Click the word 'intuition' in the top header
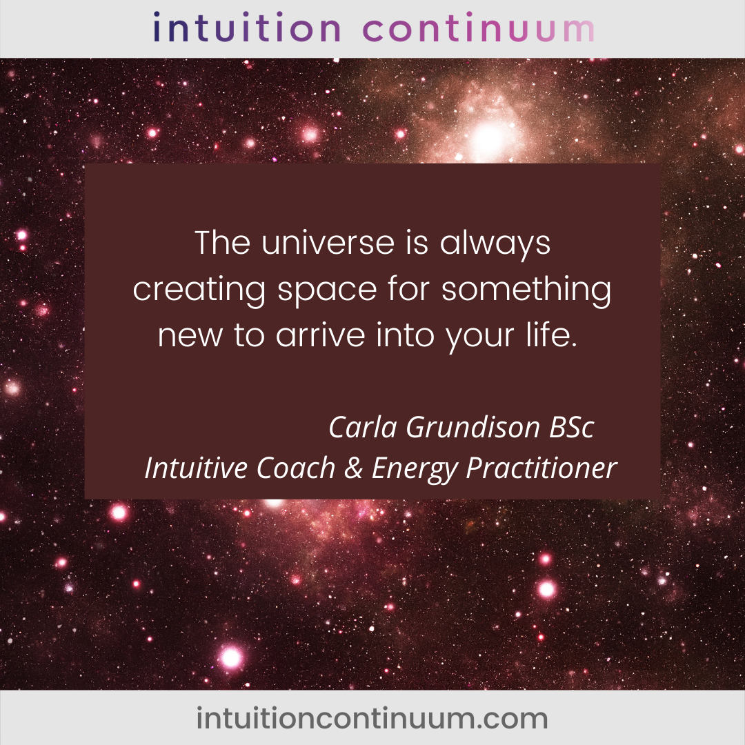247,28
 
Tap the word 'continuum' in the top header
479,28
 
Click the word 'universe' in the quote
328,243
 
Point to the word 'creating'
199,289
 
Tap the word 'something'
526,289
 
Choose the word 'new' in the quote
190,336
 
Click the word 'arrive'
321,335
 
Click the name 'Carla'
363,427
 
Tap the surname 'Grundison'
473,427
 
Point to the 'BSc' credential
572,427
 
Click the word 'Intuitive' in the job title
196,468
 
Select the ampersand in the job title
354,468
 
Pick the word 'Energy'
415,470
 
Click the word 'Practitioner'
542,468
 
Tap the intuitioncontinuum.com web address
372,718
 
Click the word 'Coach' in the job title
296,468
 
